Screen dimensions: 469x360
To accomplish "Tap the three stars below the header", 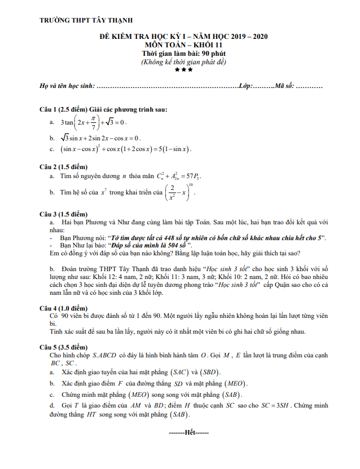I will [x=183, y=70].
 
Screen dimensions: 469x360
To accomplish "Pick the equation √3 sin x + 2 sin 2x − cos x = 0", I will [x=101, y=138].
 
